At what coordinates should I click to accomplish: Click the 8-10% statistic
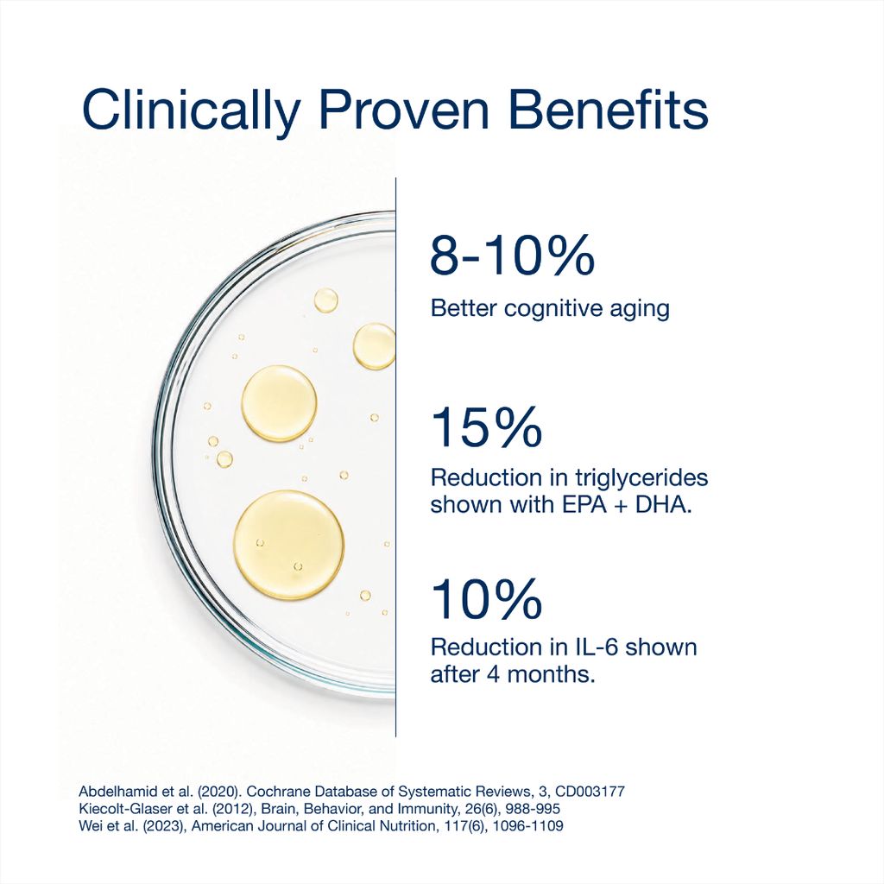pos(512,256)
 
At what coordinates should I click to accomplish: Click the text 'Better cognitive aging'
pos(550,309)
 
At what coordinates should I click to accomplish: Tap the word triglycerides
pos(641,478)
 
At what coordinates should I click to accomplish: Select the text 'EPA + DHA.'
pos(627,504)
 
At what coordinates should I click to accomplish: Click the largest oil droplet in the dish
pos(288,545)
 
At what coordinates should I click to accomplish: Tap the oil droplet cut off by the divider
pos(375,346)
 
